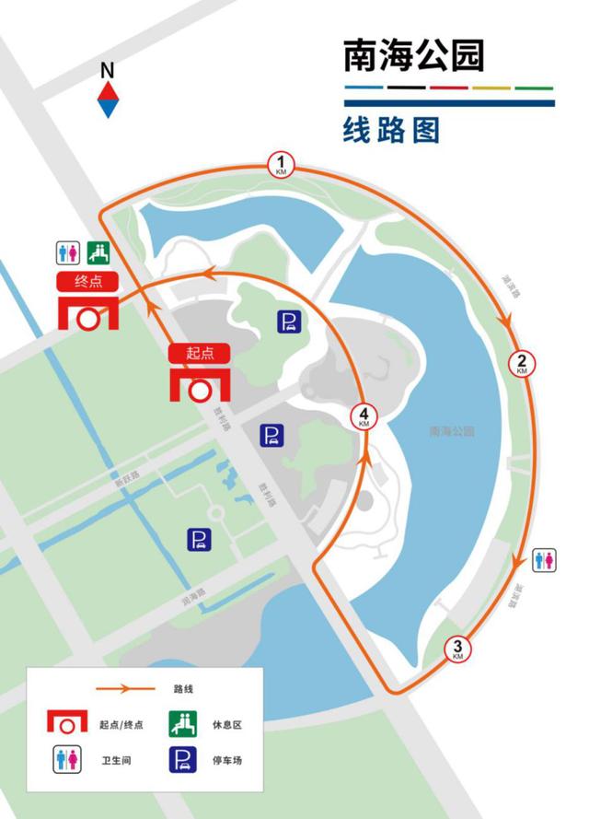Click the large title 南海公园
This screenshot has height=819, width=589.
tap(413, 56)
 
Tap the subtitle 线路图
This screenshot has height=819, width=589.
tap(391, 130)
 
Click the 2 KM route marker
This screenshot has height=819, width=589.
tap(521, 363)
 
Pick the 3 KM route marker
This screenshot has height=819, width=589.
tap(457, 649)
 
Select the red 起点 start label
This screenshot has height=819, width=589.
tap(198, 353)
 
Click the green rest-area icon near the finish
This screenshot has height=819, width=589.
tap(98, 252)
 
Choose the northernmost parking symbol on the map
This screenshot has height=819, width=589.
tap(289, 322)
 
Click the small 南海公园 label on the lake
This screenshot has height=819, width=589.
tap(451, 431)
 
